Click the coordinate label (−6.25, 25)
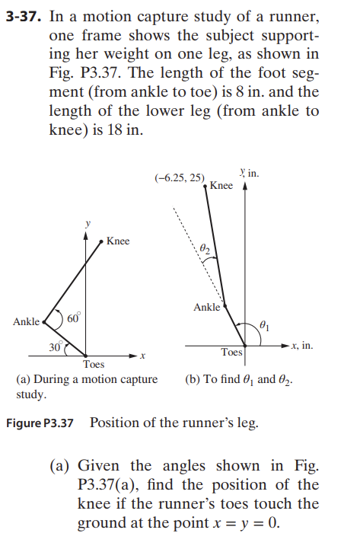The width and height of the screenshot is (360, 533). click(179, 177)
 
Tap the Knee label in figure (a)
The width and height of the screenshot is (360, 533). click(118, 241)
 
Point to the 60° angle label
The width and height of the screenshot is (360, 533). click(73, 318)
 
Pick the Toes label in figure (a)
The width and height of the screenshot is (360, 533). click(94, 365)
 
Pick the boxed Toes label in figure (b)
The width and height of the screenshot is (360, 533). click(231, 353)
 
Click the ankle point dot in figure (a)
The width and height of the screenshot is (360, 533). click(46, 321)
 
